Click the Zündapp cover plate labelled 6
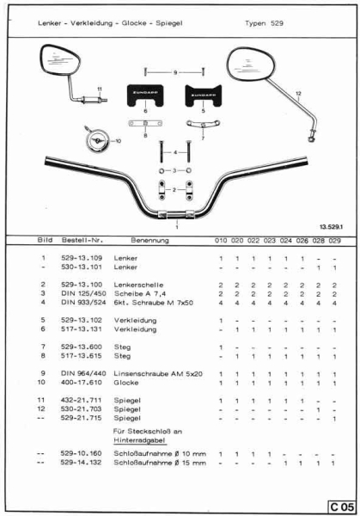pos(146,95)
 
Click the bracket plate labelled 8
pos(147,126)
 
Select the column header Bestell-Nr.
pos(82,240)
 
